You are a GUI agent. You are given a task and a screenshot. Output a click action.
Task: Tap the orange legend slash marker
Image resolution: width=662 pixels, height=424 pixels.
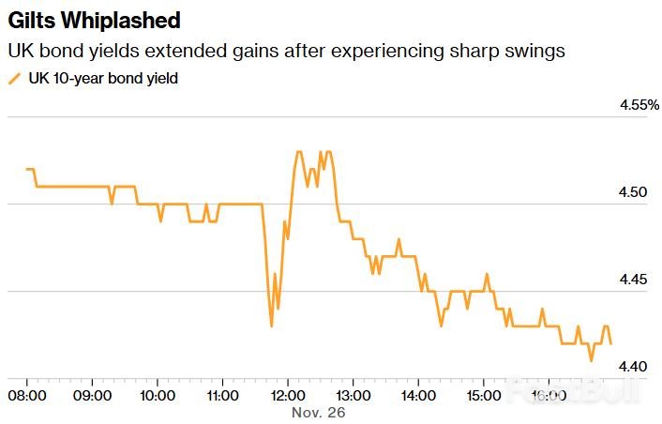tap(14, 80)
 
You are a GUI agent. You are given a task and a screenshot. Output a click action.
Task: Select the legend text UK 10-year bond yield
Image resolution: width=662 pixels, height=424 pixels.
tap(103, 80)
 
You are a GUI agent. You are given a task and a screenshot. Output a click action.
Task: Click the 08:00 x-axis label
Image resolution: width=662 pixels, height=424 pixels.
tap(27, 395)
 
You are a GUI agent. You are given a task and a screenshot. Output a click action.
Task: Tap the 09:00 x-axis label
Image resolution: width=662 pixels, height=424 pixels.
tap(92, 395)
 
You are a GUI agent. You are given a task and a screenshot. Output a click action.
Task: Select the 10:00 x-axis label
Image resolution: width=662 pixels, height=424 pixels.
tap(158, 395)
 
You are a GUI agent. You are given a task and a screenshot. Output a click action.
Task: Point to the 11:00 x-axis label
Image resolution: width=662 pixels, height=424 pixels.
tap(222, 395)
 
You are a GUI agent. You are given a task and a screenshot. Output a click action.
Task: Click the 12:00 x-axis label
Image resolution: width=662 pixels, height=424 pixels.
tap(287, 395)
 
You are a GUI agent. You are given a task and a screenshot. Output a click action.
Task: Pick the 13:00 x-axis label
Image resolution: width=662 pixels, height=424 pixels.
tap(352, 395)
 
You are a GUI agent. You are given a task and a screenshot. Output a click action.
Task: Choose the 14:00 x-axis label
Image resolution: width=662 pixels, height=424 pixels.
tap(417, 395)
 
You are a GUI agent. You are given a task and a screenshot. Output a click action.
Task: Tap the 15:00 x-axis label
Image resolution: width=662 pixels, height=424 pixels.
tap(482, 395)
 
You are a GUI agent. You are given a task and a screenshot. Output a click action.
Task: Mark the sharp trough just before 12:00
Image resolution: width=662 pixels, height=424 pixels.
tap(271, 326)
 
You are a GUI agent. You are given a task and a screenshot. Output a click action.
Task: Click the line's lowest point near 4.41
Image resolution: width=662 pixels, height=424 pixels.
tap(591, 360)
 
